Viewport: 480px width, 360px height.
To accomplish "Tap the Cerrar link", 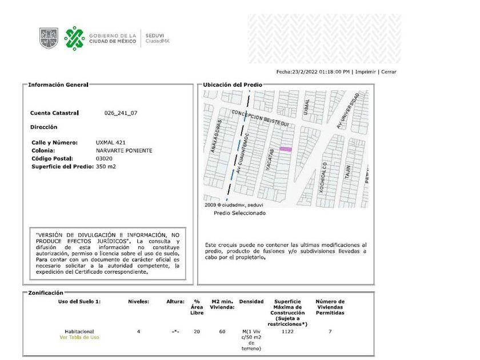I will [389, 72].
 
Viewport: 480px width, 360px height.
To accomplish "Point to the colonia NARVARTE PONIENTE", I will [124, 150].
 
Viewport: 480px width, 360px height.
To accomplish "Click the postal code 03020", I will [104, 158].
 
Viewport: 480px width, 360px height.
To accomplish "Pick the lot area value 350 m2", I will [106, 166].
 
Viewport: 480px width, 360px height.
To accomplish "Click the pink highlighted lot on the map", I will [286, 150].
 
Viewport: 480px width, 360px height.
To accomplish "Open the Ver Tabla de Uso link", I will [79, 337].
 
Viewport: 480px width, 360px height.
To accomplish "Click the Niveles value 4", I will [138, 331].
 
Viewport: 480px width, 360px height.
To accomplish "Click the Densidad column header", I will [251, 301].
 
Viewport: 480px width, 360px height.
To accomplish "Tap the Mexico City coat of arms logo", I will [49, 38].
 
